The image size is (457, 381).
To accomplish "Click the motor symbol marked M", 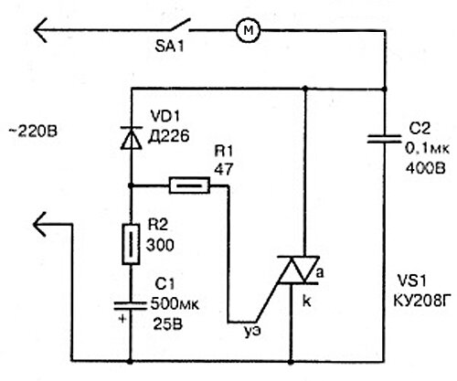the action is point(249,30).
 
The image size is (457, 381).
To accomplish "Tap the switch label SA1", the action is point(169,47).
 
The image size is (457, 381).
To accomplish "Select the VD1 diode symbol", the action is point(132,138).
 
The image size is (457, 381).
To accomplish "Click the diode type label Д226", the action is point(168,136).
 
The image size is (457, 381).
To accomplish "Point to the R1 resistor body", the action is point(189,185).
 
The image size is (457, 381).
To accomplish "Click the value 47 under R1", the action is point(224,169).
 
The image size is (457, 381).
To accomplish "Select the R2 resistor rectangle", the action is point(131,244).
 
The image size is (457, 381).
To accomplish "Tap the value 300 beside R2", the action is point(160,245).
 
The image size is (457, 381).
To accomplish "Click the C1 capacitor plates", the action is point(130,305).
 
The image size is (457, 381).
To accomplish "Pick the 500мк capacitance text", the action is point(175,304).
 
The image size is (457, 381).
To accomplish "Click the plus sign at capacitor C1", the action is point(122,319).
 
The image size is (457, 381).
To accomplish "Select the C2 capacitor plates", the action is point(384,139).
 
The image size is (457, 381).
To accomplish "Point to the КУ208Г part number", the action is point(421,301).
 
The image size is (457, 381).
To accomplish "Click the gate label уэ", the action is point(253,331).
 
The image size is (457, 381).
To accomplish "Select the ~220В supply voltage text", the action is point(33,132).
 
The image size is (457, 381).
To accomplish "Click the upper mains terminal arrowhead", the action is point(40,30).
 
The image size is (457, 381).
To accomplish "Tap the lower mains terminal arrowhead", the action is point(39,224).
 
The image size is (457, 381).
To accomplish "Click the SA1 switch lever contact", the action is point(180,25).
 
